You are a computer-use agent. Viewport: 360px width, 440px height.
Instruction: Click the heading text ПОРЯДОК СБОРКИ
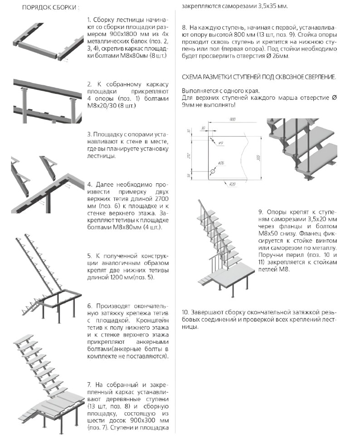(x=49, y=8)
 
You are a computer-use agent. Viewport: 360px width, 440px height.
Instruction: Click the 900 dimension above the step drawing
(x=232, y=119)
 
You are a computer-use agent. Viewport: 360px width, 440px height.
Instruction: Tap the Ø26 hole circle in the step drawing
(x=212, y=172)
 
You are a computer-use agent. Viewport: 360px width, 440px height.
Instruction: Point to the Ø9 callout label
(x=220, y=143)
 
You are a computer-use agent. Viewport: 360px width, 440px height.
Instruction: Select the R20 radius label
(x=232, y=184)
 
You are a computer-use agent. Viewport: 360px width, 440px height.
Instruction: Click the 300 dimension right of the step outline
(x=258, y=158)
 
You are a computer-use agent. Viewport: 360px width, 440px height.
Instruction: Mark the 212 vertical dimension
(x=189, y=155)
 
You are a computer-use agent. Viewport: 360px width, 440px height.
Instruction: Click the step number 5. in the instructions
(x=89, y=255)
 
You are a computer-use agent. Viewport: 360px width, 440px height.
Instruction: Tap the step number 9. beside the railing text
(x=261, y=212)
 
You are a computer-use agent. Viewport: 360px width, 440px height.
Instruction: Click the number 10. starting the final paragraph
(x=185, y=313)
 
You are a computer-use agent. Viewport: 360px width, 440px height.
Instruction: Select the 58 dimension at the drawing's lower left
(x=189, y=176)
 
